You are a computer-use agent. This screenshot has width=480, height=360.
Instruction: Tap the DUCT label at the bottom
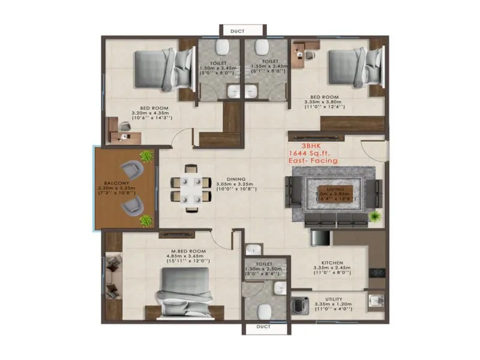point(263,327)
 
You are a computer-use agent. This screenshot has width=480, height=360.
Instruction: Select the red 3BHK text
point(311,146)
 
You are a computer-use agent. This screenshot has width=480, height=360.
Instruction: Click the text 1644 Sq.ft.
point(312,154)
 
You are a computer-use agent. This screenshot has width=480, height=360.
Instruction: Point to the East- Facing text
point(312,161)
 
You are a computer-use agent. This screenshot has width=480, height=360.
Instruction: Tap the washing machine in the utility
point(298,301)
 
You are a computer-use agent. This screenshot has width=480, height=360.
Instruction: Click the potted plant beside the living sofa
point(375,215)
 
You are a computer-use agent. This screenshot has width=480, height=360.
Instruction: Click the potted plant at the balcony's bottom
point(146,221)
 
